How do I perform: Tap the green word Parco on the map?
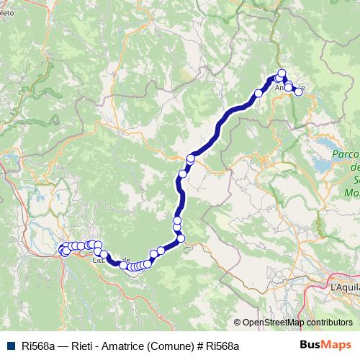tap(346, 154)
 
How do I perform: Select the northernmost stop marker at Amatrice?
tap(282, 72)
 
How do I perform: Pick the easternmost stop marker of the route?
tap(299, 91)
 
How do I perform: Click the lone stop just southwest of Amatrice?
tap(258, 93)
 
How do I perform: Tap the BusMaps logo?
tap(325, 346)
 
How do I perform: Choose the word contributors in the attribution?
tap(328, 323)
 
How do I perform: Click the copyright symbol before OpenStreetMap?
tap(238, 323)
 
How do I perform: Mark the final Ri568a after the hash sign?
tap(222, 346)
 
